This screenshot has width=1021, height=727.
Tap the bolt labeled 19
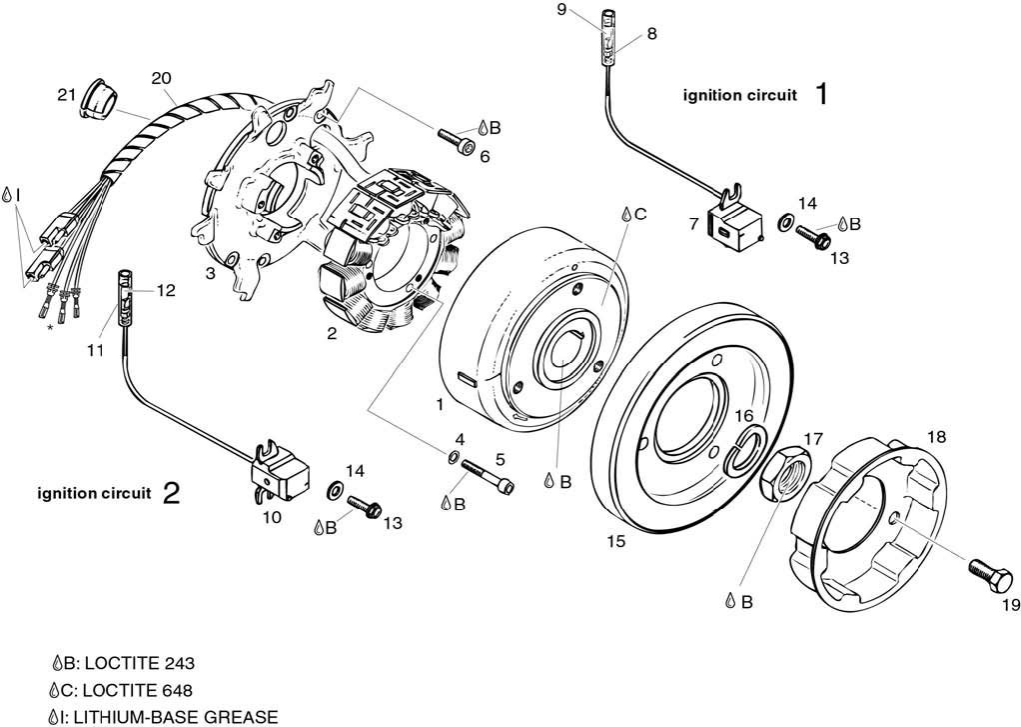[983, 573]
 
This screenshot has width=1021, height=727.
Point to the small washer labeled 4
[454, 459]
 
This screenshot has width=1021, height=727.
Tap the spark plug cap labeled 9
[608, 41]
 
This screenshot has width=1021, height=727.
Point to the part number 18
[935, 436]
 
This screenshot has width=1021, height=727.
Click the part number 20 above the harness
[162, 78]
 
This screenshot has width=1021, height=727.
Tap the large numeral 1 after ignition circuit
[821, 95]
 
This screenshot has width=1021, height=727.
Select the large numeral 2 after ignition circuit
[171, 493]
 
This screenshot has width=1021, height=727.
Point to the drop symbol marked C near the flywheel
[626, 215]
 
